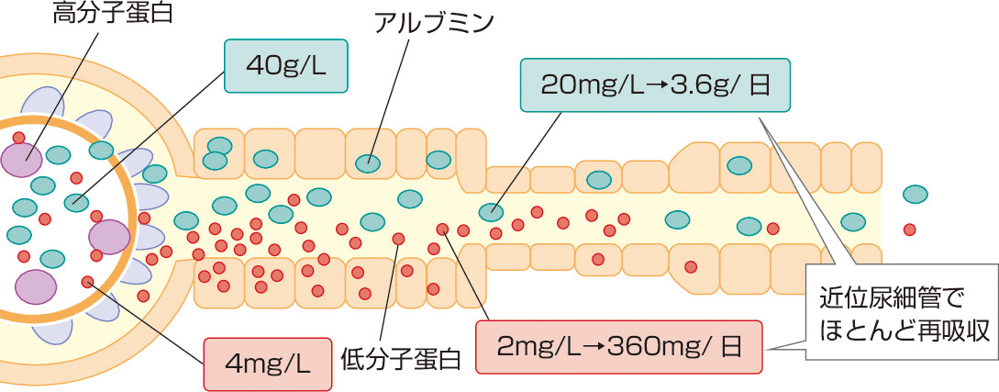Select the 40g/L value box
point(286,66)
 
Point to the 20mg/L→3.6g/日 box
point(653,88)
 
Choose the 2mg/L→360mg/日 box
point(618,347)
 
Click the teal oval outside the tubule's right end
point(915,195)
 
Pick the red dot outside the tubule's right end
point(909,230)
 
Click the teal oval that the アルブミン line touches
point(369,162)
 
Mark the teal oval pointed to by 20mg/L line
point(491,211)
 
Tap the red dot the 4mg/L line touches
point(87,281)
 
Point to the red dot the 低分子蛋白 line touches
point(398,239)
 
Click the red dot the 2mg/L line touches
point(442,230)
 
